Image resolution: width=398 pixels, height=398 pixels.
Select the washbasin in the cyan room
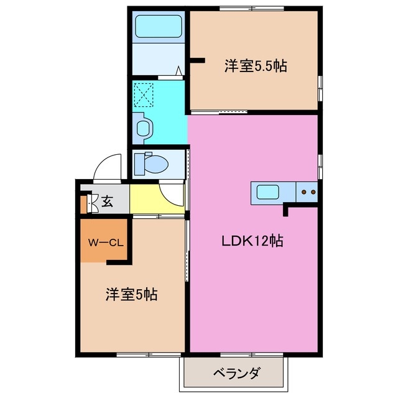click(x=144, y=128)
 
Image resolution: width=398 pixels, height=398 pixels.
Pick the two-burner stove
click(x=307, y=192)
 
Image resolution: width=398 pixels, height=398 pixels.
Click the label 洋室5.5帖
click(x=255, y=66)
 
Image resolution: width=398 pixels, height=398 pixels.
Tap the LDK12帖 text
click(x=252, y=241)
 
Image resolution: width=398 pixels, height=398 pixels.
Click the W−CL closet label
click(x=104, y=241)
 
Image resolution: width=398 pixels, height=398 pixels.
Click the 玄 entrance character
click(x=107, y=201)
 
